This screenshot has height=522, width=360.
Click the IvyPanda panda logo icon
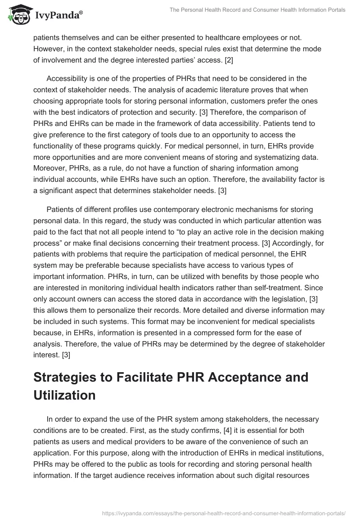[x=18, y=15]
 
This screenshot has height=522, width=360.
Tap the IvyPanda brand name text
[x=55, y=16]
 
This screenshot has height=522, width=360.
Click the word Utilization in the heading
[x=65, y=395]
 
